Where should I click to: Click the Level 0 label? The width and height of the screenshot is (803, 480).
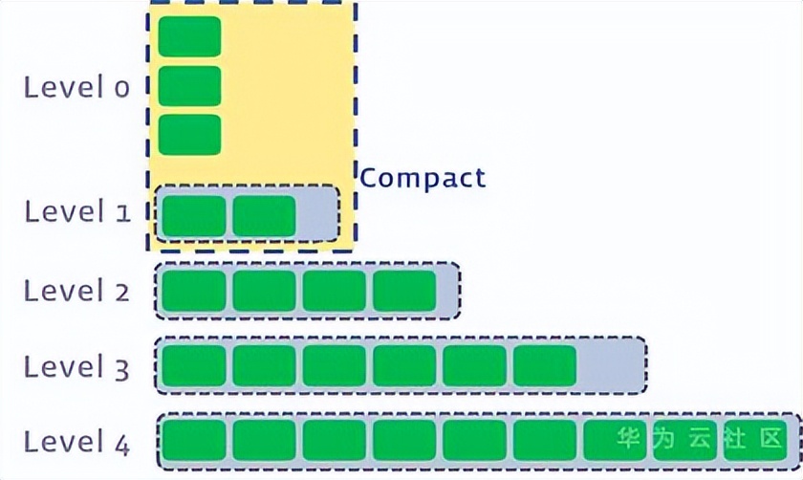(76, 87)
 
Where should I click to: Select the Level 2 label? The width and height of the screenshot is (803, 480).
(76, 290)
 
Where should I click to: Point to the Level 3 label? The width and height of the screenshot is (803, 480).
(76, 366)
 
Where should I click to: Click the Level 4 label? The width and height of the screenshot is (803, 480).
(76, 442)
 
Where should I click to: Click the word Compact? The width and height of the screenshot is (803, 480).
(423, 178)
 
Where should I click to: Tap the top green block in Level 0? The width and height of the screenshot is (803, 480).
(189, 36)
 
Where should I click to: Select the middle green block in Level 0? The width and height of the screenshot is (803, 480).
(189, 85)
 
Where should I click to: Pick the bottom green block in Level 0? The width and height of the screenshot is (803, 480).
(189, 134)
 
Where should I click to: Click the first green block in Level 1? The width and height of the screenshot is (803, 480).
(194, 215)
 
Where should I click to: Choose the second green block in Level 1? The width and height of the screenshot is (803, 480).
(264, 215)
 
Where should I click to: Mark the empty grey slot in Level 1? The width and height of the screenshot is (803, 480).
(317, 215)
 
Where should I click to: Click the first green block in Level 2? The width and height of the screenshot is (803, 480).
(194, 291)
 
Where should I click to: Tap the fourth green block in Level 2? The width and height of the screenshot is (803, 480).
(404, 291)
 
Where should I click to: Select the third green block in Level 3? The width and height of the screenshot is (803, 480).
(335, 365)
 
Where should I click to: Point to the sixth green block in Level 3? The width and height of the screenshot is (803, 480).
(545, 365)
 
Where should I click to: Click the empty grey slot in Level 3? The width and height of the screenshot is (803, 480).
(610, 365)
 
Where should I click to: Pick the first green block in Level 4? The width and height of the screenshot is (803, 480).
(194, 441)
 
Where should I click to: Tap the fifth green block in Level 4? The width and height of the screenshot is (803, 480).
(474, 441)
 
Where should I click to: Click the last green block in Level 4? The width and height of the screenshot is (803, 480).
(755, 441)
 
